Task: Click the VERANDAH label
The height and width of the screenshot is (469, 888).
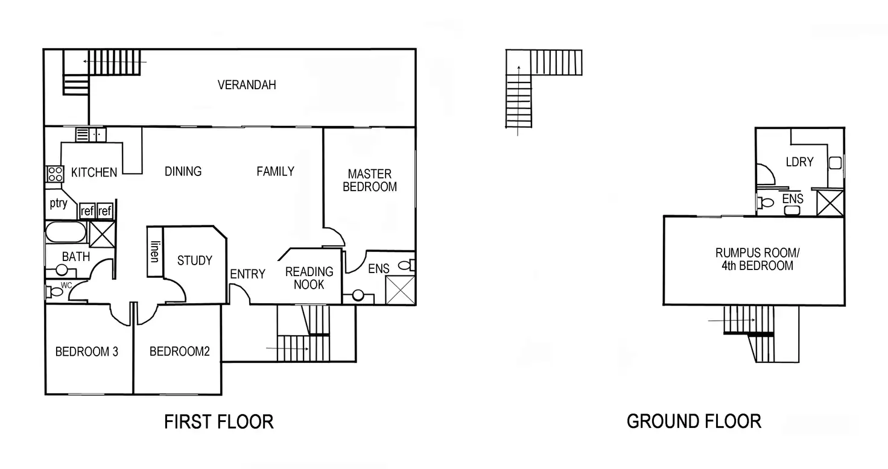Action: tap(247, 85)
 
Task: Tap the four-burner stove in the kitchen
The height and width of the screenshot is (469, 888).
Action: tap(55, 174)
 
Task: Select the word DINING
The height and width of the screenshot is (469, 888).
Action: tap(183, 171)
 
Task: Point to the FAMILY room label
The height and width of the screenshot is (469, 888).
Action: tap(275, 171)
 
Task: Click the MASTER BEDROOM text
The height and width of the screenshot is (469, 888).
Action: tap(370, 180)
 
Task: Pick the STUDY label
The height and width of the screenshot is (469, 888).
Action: tap(194, 260)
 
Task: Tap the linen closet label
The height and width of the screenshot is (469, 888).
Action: tap(155, 251)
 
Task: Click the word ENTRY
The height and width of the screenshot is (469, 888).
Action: tap(247, 274)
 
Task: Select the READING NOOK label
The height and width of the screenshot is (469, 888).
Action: tap(309, 278)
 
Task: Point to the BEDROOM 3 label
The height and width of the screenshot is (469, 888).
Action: tap(86, 351)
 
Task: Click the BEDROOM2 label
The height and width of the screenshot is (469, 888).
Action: tap(179, 351)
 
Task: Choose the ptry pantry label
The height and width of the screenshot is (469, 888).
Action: tap(59, 203)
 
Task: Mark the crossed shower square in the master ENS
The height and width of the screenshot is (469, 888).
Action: tap(400, 290)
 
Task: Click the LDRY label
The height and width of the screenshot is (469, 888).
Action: tap(799, 162)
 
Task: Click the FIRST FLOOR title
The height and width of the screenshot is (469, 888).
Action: tap(218, 421)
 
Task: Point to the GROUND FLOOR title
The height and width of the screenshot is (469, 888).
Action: tap(694, 421)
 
